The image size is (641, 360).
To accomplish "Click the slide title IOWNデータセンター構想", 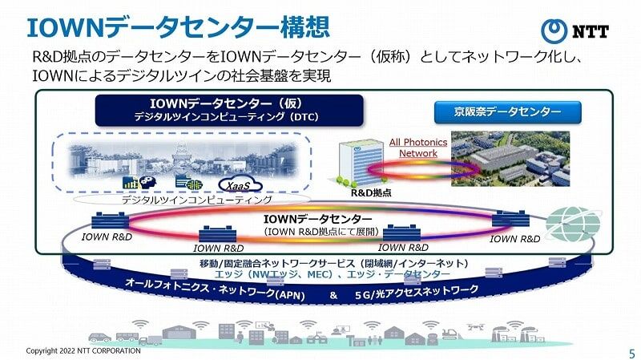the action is [177, 26].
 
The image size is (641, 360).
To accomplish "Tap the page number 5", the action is [631, 351].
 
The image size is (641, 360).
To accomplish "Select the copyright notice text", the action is [83, 351].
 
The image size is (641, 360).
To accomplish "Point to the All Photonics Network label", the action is [417, 148].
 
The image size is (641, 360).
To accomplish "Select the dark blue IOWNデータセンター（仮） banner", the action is [229, 110].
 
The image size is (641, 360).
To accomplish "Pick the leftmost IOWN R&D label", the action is [107, 237].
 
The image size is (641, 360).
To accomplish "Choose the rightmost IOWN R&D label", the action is [514, 238].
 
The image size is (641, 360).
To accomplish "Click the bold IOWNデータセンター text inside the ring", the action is [318, 219].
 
